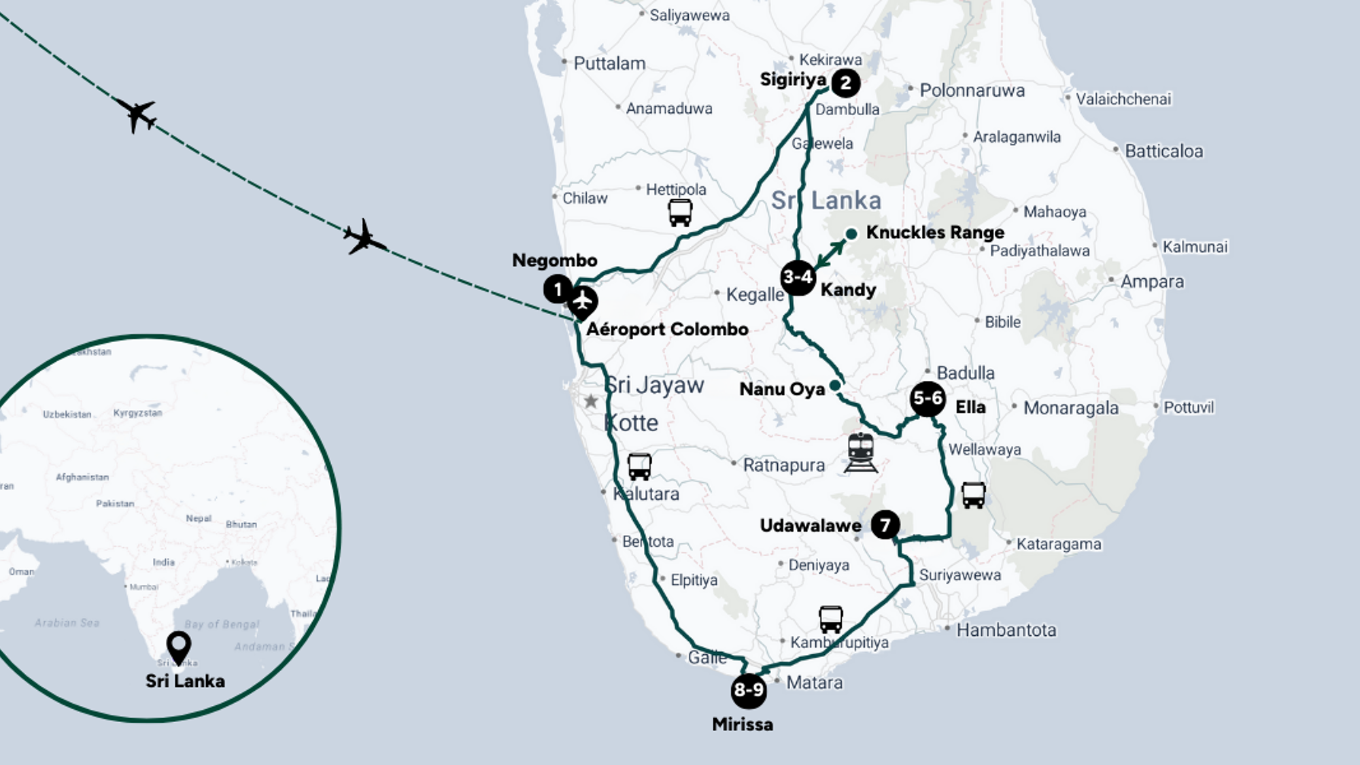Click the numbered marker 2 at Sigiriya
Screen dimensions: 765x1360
pos(845,83)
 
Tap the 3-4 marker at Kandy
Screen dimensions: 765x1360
pos(798,277)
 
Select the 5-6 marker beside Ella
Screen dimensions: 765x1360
pos(928,398)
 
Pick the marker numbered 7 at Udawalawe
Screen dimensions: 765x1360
pos(885,525)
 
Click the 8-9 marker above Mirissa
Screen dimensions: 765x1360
pos(749,690)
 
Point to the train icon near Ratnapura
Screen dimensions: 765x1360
pos(861,452)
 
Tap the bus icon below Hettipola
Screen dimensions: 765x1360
pos(680,213)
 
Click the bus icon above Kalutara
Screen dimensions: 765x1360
pos(639,466)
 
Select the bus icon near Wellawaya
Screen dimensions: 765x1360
pos(974,495)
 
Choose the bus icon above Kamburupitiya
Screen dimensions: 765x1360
pos(831,619)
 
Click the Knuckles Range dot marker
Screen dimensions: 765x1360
pos(851,234)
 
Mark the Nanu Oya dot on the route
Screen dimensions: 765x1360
pos(835,386)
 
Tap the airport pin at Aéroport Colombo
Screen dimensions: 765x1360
pos(583,302)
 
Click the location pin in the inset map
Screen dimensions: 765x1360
pos(179,646)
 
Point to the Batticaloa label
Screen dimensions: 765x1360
pos(1163,151)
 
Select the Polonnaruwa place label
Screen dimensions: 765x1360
pos(972,90)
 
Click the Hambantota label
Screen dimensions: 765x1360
pos(1006,630)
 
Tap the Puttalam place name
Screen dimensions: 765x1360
pos(609,64)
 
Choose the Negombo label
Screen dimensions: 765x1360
pos(554,260)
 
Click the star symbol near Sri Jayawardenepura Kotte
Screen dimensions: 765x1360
pos(591,401)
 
